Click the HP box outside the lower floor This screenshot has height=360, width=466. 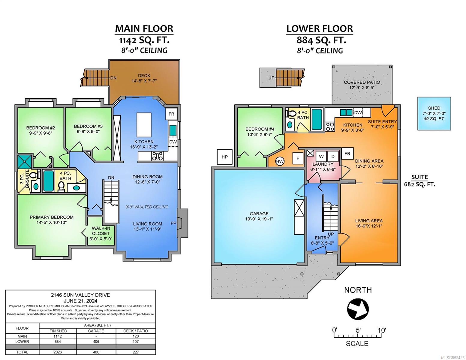[x=224, y=157]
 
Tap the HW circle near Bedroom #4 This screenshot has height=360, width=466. [x=280, y=161]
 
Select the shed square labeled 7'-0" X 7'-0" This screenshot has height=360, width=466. [x=434, y=113]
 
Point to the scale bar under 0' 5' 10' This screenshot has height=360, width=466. [x=358, y=336]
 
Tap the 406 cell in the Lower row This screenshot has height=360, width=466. [x=96, y=342]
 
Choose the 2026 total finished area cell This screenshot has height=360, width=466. [x=58, y=352]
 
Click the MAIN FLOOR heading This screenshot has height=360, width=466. [x=144, y=29]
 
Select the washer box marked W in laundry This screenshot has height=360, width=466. [x=321, y=157]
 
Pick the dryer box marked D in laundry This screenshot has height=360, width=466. [x=333, y=157]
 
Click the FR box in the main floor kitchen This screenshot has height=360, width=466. [x=171, y=114]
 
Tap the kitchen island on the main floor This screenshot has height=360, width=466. [x=144, y=125]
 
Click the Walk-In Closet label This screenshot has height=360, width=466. [x=101, y=233]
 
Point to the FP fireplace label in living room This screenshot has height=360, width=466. [x=173, y=223]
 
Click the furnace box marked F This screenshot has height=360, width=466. [x=298, y=158]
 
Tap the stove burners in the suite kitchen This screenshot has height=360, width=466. [x=330, y=127]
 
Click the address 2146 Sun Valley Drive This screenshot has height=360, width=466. [x=80, y=295]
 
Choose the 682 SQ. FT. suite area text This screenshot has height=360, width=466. [x=419, y=184]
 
